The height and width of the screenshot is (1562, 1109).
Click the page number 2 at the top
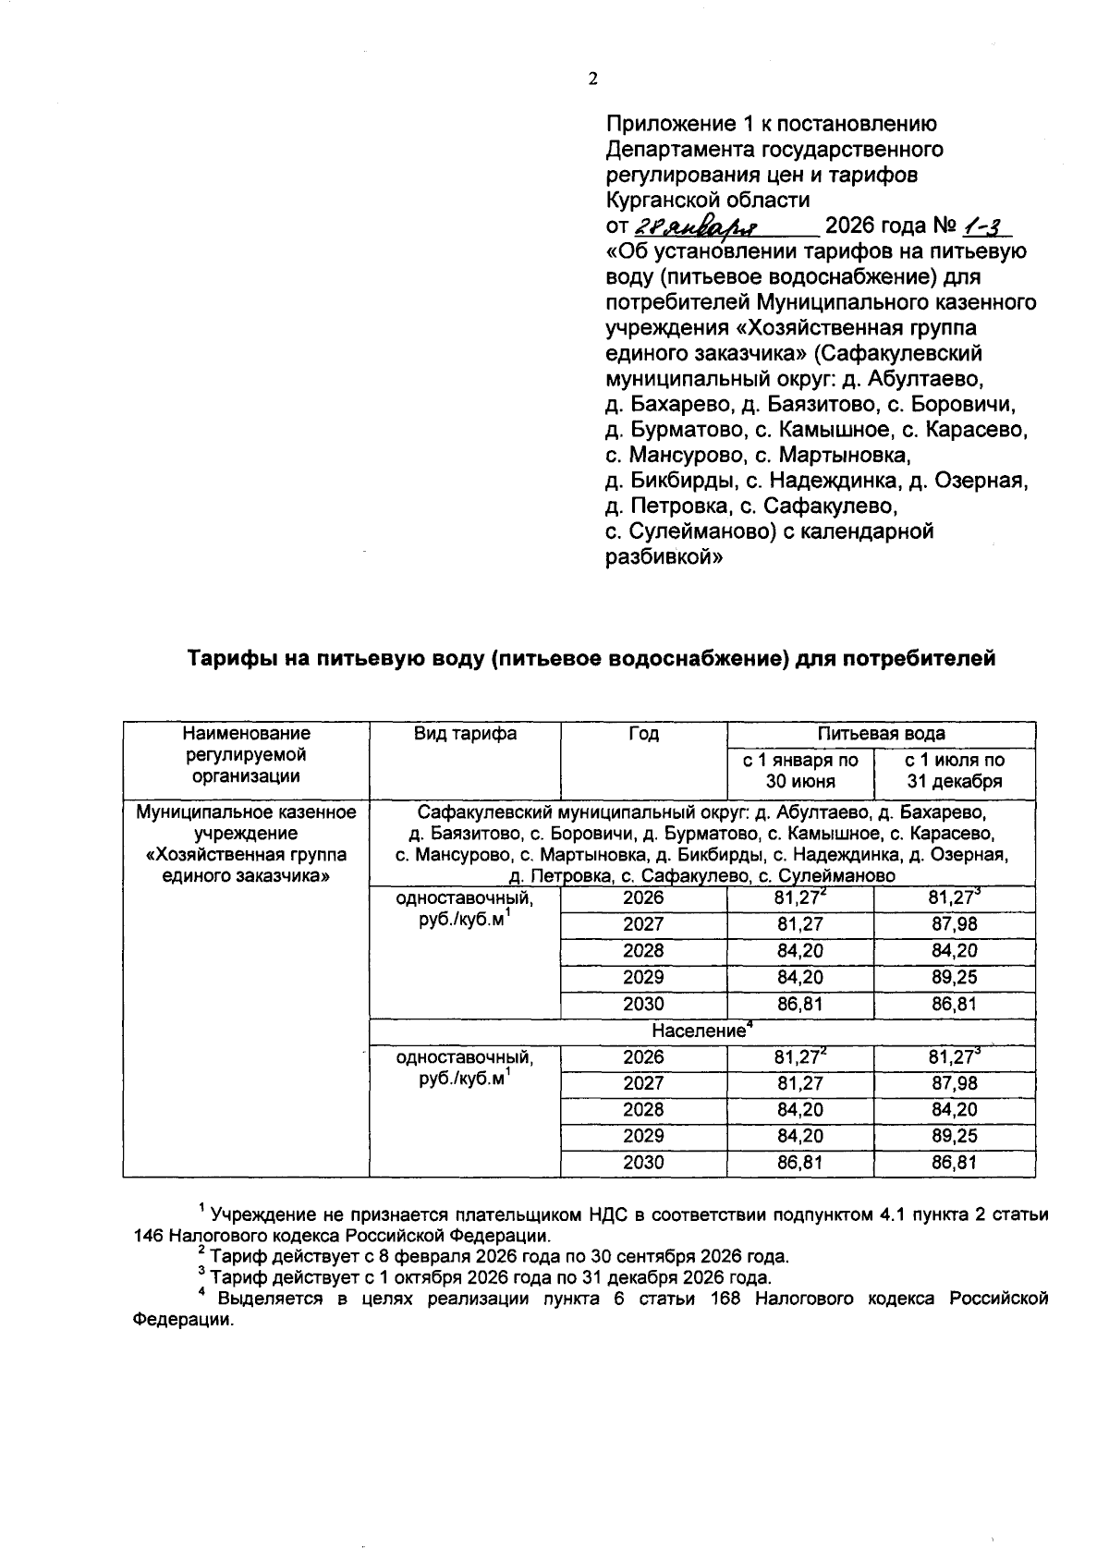point(593,79)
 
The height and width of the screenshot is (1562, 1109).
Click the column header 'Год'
point(643,734)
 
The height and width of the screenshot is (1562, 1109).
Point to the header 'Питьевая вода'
point(881,734)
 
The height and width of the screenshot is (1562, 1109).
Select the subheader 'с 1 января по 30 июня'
point(800,770)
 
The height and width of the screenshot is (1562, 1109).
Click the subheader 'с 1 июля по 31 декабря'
point(954,770)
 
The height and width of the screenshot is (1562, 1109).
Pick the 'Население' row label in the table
point(699,1031)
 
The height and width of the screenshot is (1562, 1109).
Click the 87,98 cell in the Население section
point(954,1083)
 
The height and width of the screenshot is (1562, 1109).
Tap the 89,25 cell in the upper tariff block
point(954,977)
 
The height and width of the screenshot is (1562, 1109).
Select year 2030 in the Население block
point(643,1163)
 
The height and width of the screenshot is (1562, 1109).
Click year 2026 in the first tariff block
point(643,897)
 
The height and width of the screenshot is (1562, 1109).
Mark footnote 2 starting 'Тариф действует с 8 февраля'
point(499,1257)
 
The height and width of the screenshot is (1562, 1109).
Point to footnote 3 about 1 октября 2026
point(490,1278)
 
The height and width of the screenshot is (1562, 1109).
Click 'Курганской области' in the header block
point(707,201)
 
